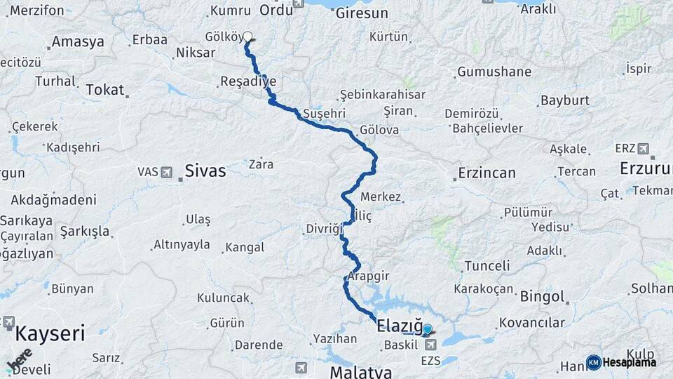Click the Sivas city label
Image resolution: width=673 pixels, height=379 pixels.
pyautogui.click(x=205, y=171)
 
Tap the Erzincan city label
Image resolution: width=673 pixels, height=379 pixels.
pyautogui.click(x=487, y=173)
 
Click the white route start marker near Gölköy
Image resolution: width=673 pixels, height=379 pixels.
pyautogui.click(x=247, y=36)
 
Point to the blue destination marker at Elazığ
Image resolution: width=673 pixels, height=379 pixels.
pyautogui.click(x=427, y=328)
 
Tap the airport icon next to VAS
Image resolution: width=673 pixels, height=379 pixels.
pyautogui.click(x=167, y=172)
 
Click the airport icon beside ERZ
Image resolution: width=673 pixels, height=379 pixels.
pyautogui.click(x=644, y=148)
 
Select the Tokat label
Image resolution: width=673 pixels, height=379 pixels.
pyautogui.click(x=105, y=90)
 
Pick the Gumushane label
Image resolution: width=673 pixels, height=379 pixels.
pyautogui.click(x=494, y=72)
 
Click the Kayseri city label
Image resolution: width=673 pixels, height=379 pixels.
pyautogui.click(x=50, y=332)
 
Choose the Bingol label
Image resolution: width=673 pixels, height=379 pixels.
pyautogui.click(x=542, y=296)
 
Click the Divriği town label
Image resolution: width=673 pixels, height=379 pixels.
pyautogui.click(x=325, y=229)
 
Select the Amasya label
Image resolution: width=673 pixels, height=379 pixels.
pyautogui.click(x=78, y=41)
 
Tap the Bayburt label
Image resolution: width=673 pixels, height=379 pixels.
pyautogui.click(x=565, y=100)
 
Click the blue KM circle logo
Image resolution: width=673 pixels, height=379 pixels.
pyautogui.click(x=594, y=362)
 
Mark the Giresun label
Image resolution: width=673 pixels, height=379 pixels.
pyautogui.click(x=362, y=13)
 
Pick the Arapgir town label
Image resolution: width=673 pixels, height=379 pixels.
pyautogui.click(x=368, y=276)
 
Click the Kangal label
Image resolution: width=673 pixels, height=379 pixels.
pyautogui.click(x=244, y=247)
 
